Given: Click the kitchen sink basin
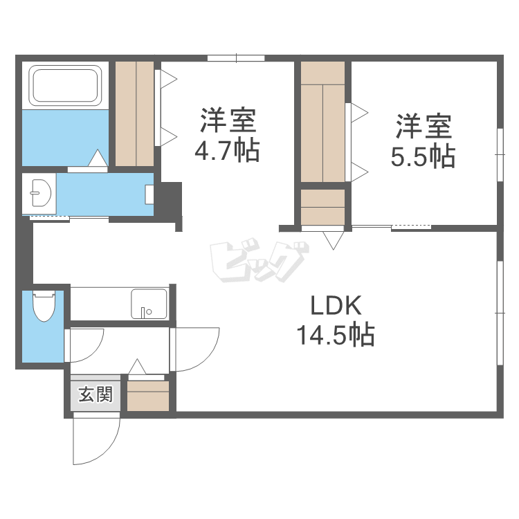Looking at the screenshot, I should click(149, 303).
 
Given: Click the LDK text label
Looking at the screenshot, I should click(335, 305).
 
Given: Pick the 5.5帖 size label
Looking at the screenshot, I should click(423, 157).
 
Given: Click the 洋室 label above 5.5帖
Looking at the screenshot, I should click(423, 127).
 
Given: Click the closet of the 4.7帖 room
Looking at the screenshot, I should click(134, 113).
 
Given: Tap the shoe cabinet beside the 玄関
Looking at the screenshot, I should click(148, 397).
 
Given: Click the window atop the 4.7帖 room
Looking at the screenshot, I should click(235, 57).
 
